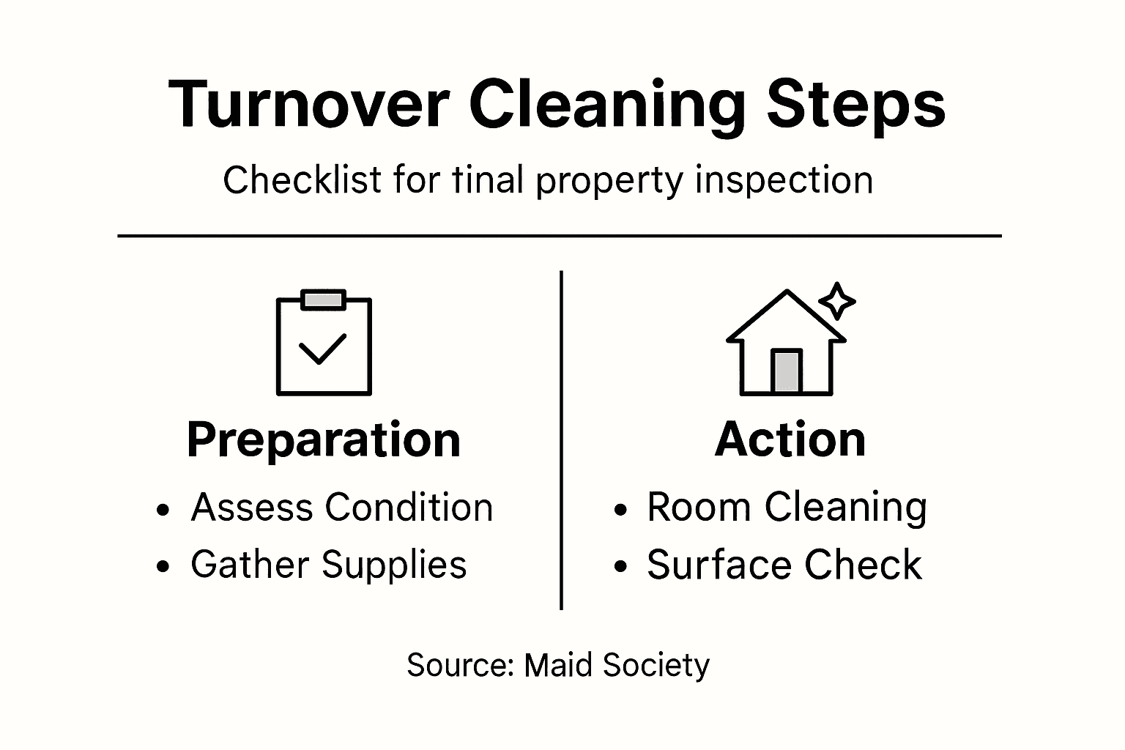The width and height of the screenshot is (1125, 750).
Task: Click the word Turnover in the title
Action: (x=308, y=104)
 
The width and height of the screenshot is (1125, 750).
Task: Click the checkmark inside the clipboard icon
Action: (x=322, y=349)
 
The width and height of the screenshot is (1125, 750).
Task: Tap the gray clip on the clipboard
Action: (x=323, y=300)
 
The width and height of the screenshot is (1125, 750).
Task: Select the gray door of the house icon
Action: (x=787, y=371)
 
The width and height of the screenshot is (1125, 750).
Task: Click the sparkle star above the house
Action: (x=836, y=301)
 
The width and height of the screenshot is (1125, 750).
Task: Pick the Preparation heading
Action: (x=324, y=439)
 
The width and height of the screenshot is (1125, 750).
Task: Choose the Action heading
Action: (x=790, y=439)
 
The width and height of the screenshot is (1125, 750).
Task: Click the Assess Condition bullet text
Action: (x=341, y=507)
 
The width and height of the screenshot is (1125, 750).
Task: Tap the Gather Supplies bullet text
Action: (x=328, y=565)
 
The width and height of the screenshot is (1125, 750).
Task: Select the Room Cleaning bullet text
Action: (x=787, y=507)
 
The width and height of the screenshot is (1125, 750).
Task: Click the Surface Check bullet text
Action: (x=784, y=565)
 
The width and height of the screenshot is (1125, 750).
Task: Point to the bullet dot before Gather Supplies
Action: (x=163, y=567)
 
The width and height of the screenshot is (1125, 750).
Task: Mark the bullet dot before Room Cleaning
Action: (x=621, y=509)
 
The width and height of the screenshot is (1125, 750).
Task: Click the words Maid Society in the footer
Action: (x=617, y=665)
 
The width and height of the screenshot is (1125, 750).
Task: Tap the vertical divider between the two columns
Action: (x=561, y=439)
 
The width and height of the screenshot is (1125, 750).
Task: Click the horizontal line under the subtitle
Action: (x=560, y=236)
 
